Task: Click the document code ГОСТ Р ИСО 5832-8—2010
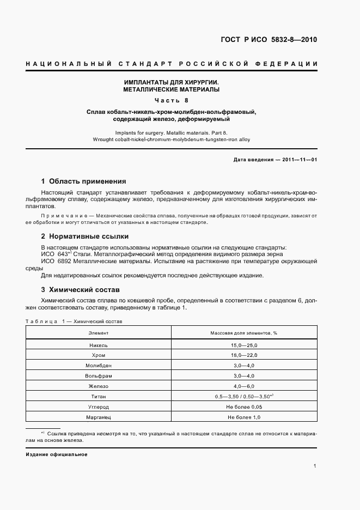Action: point(269,40)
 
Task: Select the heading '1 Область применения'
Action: point(83,181)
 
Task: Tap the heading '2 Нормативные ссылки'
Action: point(85,236)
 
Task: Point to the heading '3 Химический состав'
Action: point(80,289)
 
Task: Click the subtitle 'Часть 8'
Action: point(171,100)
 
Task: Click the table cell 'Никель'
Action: point(99,345)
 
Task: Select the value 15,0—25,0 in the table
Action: point(244,345)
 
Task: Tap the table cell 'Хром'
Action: point(99,355)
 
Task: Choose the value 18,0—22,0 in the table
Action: point(244,355)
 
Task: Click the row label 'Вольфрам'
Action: point(99,376)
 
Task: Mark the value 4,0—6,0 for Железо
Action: point(244,386)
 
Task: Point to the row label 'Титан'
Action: point(99,397)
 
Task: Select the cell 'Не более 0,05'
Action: point(244,407)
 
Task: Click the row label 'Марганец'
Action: point(99,417)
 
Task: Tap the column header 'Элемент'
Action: point(99,332)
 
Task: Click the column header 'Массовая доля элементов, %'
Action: point(244,332)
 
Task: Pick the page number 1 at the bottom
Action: point(315,466)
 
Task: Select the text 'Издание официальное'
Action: point(57,454)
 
